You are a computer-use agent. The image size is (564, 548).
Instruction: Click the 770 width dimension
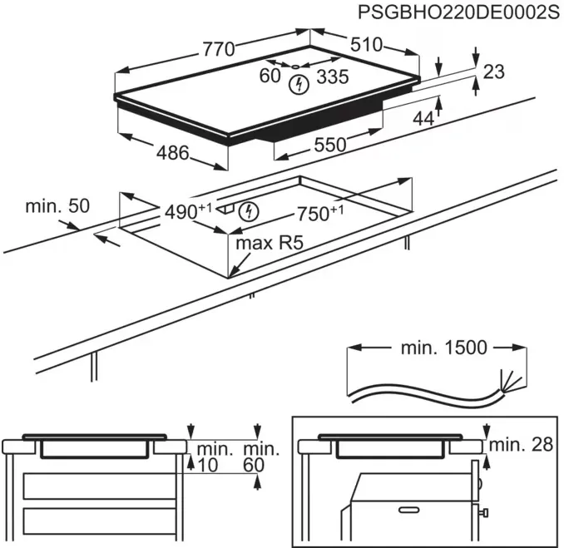click(x=219, y=48)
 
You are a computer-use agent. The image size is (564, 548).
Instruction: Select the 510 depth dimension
click(x=365, y=45)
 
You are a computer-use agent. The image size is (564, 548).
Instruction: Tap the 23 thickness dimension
click(x=493, y=72)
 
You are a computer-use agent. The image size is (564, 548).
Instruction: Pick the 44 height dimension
click(x=423, y=119)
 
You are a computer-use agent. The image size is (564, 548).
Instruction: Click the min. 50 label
click(x=57, y=205)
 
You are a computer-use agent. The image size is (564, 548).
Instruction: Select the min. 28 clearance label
click(x=521, y=445)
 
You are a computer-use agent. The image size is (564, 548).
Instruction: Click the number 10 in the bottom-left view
click(x=206, y=466)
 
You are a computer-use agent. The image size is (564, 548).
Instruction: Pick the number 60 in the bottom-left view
click(x=253, y=466)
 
